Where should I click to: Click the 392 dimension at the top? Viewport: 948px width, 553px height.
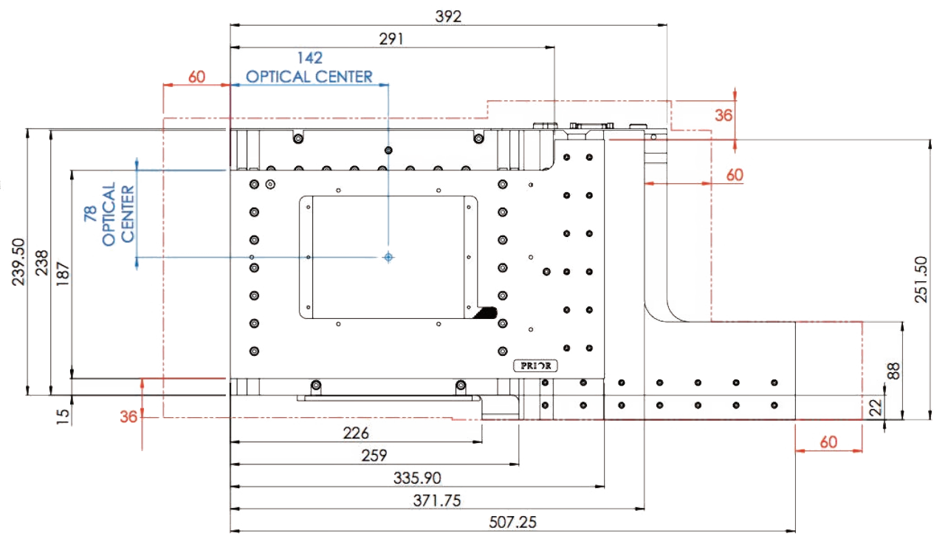click(x=448, y=16)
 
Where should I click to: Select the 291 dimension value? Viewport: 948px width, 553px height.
click(x=391, y=39)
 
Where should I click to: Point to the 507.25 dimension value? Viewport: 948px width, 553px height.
click(x=513, y=522)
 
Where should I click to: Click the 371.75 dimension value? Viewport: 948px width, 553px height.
click(x=438, y=501)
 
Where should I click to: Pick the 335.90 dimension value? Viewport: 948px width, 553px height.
click(x=417, y=478)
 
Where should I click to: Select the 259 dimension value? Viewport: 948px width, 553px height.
click(x=374, y=455)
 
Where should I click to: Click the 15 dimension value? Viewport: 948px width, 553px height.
click(x=63, y=416)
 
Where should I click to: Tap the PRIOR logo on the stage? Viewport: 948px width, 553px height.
click(x=536, y=365)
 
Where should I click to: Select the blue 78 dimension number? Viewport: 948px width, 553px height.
click(x=91, y=215)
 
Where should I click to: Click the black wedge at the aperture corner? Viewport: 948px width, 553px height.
click(x=486, y=313)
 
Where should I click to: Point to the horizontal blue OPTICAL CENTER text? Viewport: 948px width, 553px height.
click(x=309, y=76)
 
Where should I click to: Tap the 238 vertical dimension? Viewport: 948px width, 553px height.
click(x=41, y=261)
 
